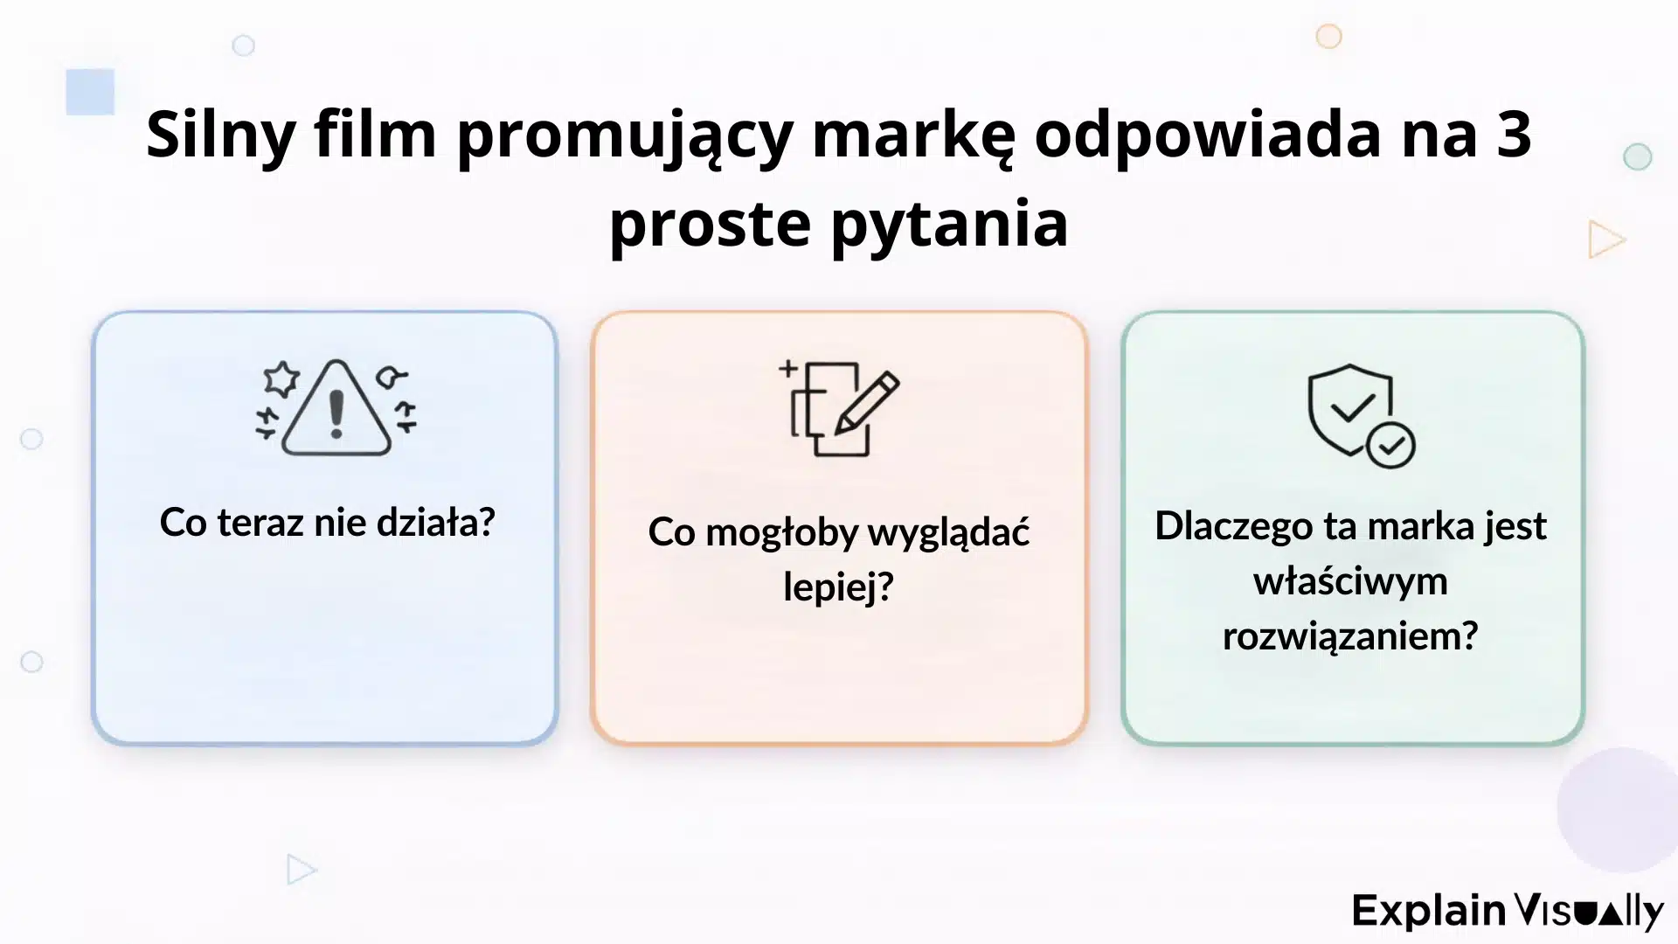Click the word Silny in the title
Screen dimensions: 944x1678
coord(220,135)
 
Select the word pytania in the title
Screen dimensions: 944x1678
coord(949,224)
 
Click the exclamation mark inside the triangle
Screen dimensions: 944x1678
coord(336,413)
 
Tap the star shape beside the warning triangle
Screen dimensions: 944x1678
coord(281,378)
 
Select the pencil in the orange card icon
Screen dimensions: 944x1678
coord(866,403)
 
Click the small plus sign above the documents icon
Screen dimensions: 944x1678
coord(788,369)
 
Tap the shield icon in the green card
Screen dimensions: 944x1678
coord(1349,407)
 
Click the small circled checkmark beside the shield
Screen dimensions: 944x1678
coord(1390,445)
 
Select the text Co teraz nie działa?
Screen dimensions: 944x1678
coord(327,523)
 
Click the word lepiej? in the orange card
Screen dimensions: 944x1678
coord(838,586)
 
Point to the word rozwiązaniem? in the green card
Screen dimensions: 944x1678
coord(1349,635)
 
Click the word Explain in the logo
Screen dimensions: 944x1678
coord(1428,911)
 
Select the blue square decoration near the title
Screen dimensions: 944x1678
coord(90,92)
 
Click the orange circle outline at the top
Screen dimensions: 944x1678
coord(1328,37)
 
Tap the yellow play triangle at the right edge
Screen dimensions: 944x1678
coord(1605,239)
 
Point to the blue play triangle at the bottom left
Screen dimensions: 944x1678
coord(300,870)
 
